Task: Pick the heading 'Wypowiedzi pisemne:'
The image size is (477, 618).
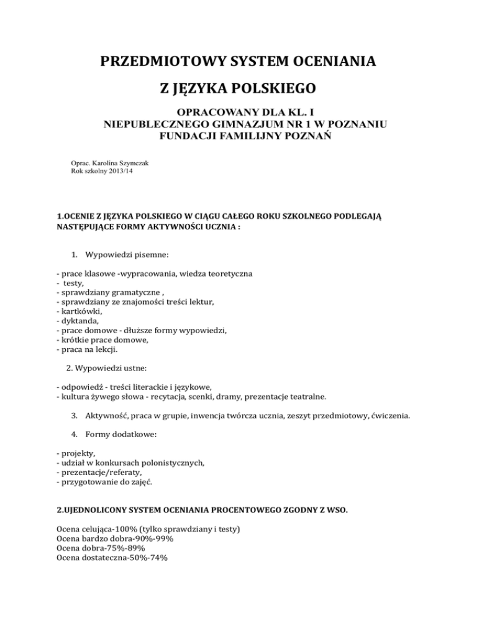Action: tap(128, 254)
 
